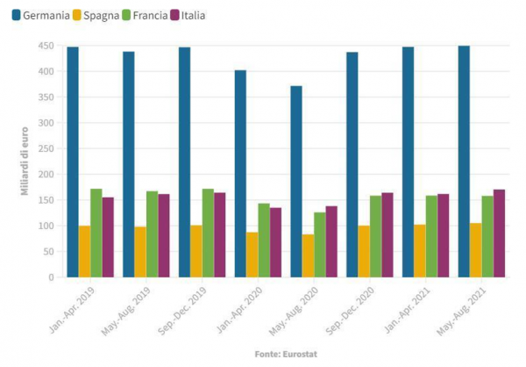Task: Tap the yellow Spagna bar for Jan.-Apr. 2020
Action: (252, 255)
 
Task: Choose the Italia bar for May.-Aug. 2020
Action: (331, 241)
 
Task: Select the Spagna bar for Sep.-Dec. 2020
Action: (364, 251)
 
